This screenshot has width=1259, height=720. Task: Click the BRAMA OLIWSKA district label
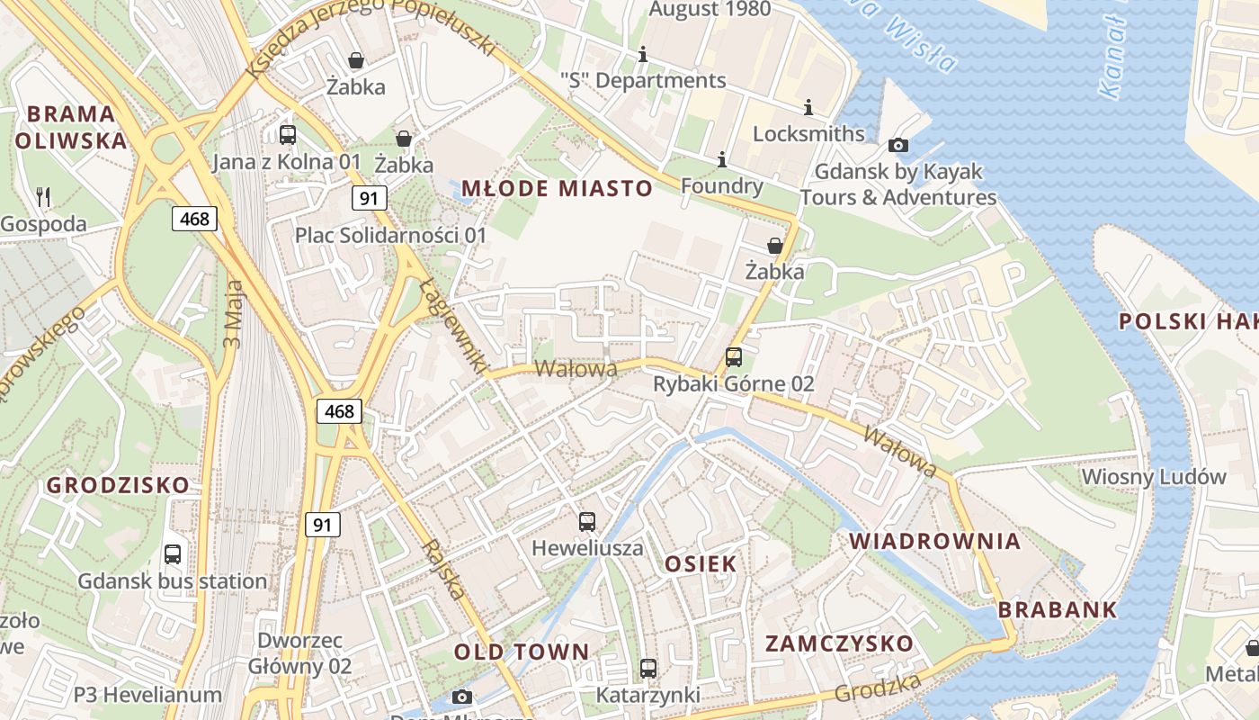coord(71,127)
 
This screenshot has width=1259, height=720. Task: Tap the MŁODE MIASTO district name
coord(557,188)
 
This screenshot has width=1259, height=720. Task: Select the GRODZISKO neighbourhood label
coord(118,485)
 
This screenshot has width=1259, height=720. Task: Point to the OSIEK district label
coord(701,564)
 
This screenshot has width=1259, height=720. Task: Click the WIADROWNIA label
coord(935,541)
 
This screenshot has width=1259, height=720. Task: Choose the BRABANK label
coord(1058,609)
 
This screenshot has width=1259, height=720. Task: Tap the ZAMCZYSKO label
coord(839,643)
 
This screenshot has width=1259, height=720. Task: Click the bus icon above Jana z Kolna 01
coord(288,135)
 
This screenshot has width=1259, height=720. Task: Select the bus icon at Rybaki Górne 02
coord(734,356)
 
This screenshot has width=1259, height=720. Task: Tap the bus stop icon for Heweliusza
coord(587,521)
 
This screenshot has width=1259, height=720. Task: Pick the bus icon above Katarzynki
coord(648,669)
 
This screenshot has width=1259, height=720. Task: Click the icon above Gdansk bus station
coord(173,554)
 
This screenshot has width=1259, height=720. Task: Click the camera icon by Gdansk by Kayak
coord(897,145)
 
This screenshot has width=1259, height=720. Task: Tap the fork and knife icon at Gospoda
coord(43,196)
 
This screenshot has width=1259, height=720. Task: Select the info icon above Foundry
coord(721,159)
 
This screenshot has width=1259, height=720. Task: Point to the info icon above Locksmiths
coord(808,107)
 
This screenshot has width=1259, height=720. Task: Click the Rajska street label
coord(443,570)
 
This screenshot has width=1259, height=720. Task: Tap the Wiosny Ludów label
coord(1154,476)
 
